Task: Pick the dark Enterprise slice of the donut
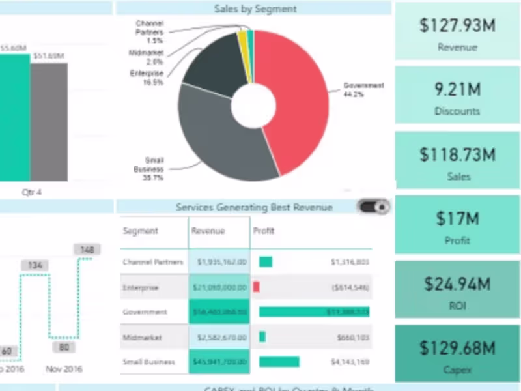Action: pyautogui.click(x=212, y=65)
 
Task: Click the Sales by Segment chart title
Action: pyautogui.click(x=255, y=8)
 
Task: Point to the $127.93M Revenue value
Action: pyautogui.click(x=457, y=26)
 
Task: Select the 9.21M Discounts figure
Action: pyautogui.click(x=457, y=90)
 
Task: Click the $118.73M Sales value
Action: pyautogui.click(x=457, y=155)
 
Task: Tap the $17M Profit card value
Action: pyautogui.click(x=457, y=219)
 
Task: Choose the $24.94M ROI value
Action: pyautogui.click(x=457, y=283)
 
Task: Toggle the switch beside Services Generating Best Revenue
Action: pyautogui.click(x=374, y=207)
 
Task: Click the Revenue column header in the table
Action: pyautogui.click(x=208, y=231)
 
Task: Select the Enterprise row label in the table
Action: pyautogui.click(x=141, y=287)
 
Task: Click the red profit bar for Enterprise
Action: pyautogui.click(x=257, y=287)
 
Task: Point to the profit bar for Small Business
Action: pyautogui.click(x=279, y=362)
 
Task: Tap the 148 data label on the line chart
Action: pyautogui.click(x=87, y=250)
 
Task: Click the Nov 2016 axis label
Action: pyautogui.click(x=64, y=369)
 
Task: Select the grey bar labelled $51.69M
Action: pyautogui.click(x=49, y=121)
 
